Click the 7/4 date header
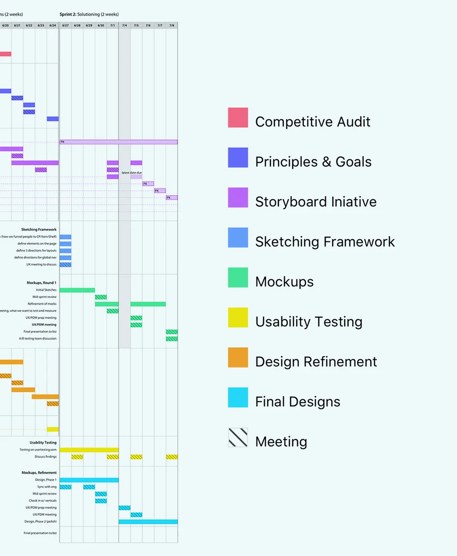pos(124,25)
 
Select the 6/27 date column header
pos(65,25)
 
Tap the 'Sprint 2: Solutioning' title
pos(89,15)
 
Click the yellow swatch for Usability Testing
pos(238,318)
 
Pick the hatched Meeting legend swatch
pos(238,437)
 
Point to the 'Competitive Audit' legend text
pos(313,122)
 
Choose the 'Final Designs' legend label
pos(298,402)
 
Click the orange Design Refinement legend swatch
pos(238,357)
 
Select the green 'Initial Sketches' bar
pos(77,290)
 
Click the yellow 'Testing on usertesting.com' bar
pos(89,450)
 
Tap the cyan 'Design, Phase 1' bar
pos(89,480)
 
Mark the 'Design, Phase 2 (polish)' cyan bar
pos(148,522)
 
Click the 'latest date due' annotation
pos(132,173)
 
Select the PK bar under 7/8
pos(172,198)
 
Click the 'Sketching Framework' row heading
pos(39,229)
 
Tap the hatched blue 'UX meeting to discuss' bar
pos(66,265)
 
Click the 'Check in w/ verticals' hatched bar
pos(101,501)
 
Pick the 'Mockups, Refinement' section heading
pos(39,473)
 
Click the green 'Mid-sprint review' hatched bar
pos(101,297)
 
